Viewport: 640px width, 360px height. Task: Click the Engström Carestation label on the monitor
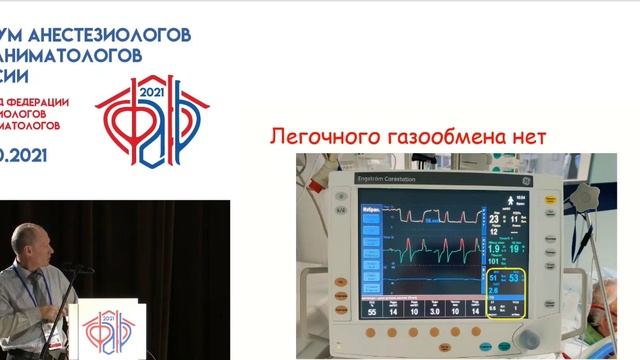point(392,180)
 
